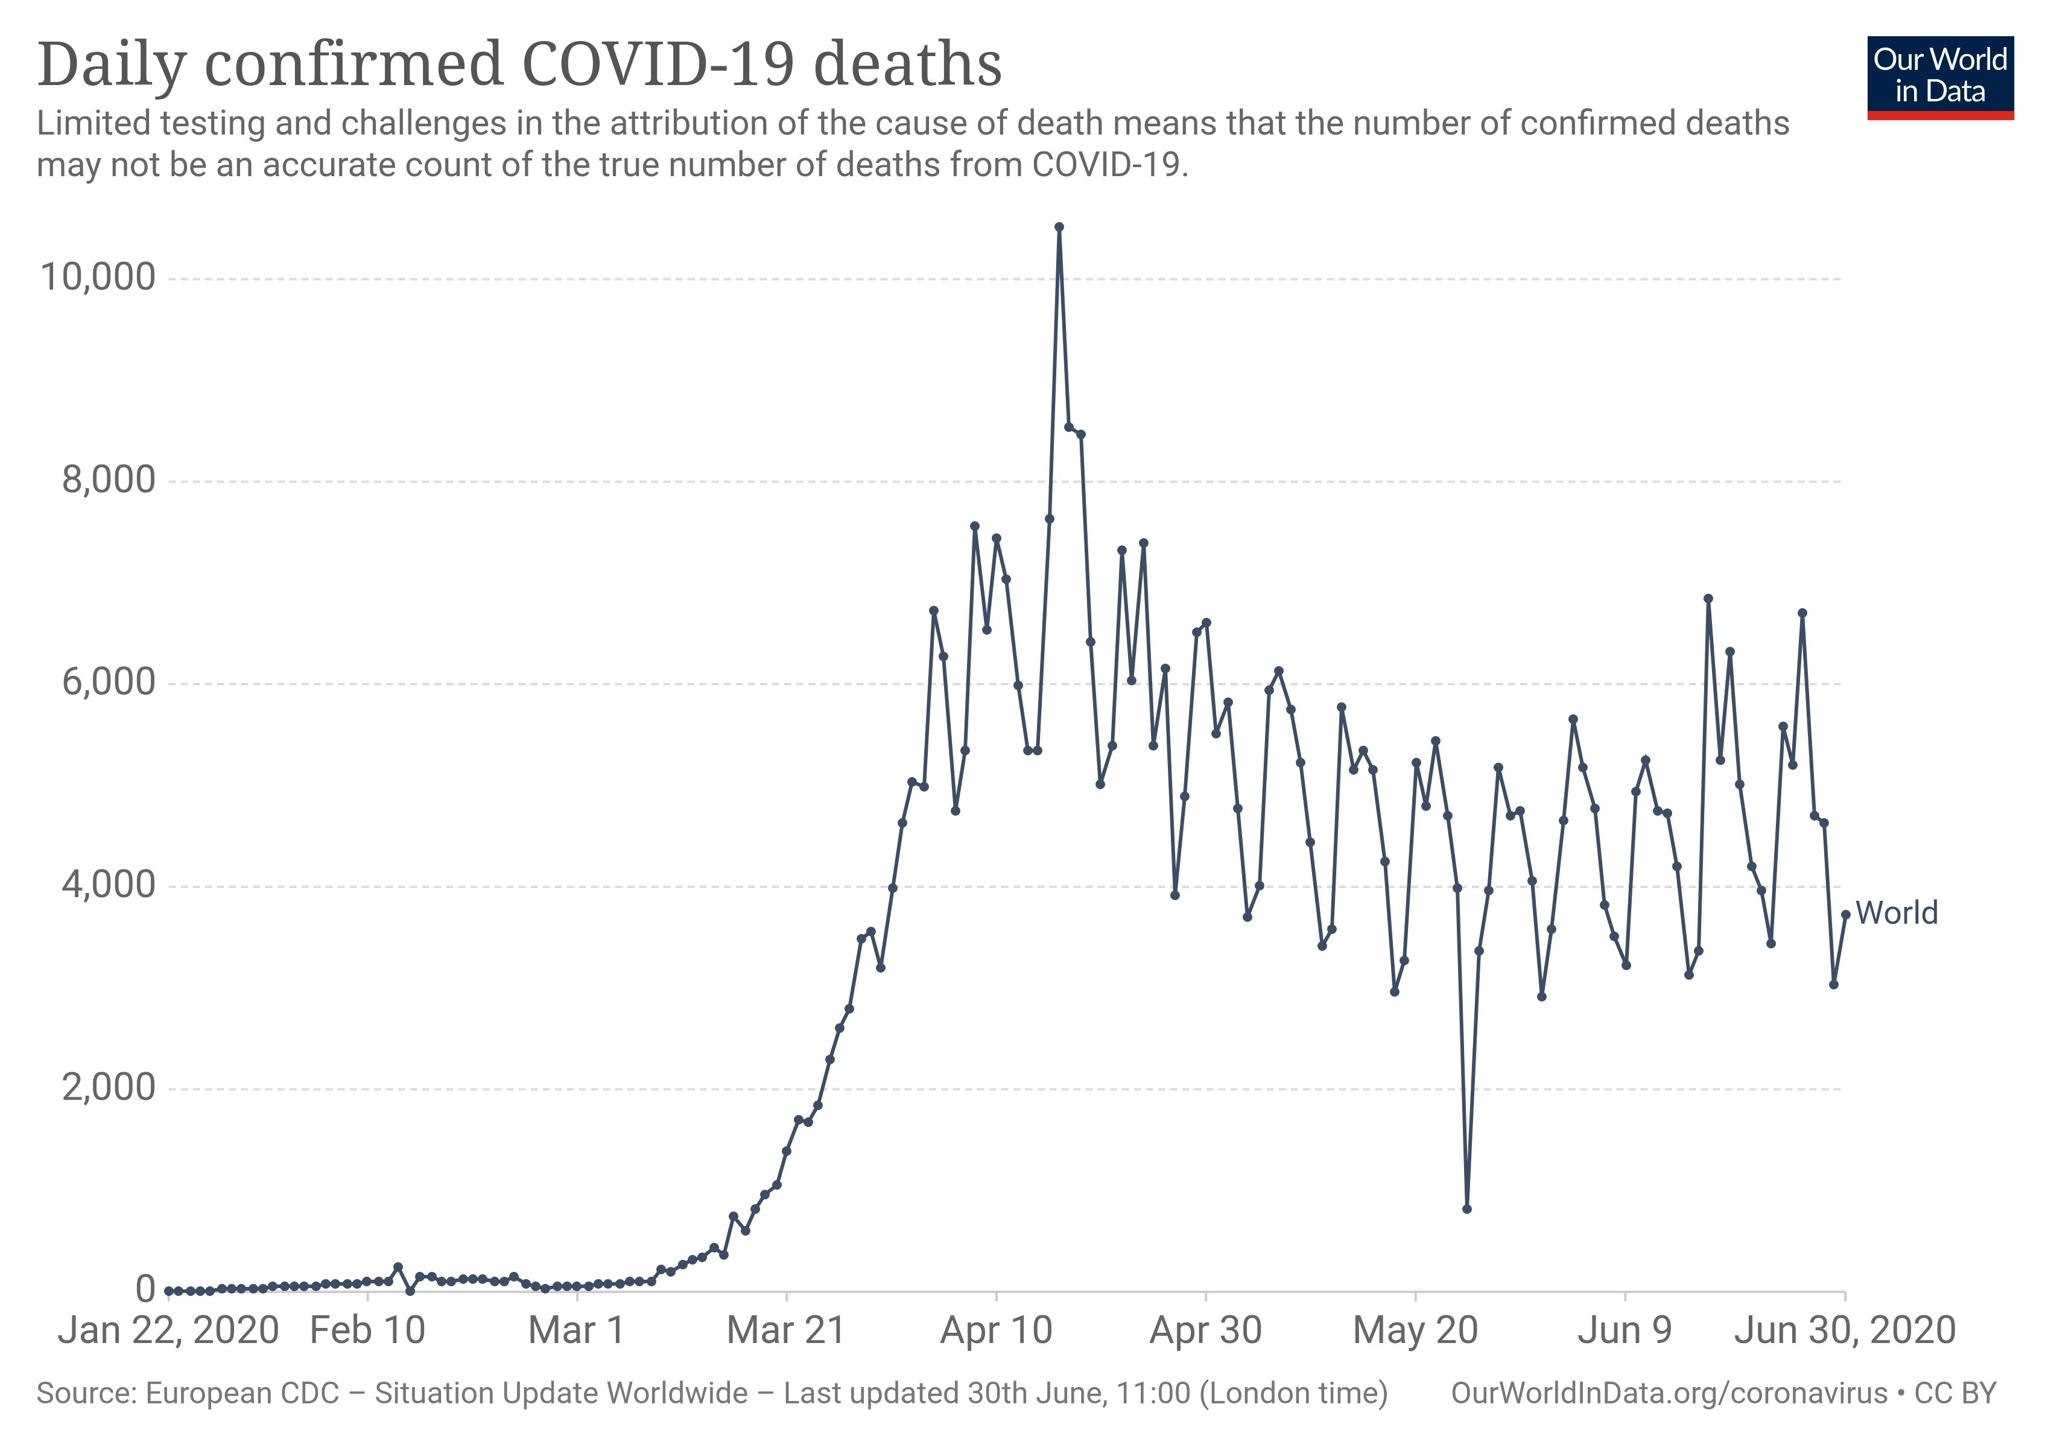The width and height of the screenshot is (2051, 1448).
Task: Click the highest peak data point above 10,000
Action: click(1059, 227)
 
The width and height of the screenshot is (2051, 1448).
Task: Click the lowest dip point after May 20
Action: click(1467, 1208)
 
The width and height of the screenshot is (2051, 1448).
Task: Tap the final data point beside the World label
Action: click(1845, 915)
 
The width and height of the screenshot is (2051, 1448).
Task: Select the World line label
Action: click(1897, 913)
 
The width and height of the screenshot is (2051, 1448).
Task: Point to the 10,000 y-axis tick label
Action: click(98, 277)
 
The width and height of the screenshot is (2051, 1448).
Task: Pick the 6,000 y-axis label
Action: click(109, 682)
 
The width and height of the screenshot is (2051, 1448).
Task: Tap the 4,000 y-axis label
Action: click(109, 885)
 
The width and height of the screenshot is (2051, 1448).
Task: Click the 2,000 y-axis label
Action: click(109, 1088)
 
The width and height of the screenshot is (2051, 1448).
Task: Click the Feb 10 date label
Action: click(367, 1330)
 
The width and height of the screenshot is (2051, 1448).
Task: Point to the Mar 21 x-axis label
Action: click(786, 1330)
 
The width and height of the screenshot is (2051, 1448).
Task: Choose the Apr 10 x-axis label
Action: click(996, 1330)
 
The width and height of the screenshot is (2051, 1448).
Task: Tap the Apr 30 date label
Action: click(1205, 1330)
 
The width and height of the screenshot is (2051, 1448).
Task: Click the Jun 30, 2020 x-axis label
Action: click(1845, 1330)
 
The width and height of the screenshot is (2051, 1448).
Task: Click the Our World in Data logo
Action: click(1940, 77)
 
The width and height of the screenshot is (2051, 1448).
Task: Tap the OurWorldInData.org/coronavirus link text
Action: click(1669, 1394)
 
